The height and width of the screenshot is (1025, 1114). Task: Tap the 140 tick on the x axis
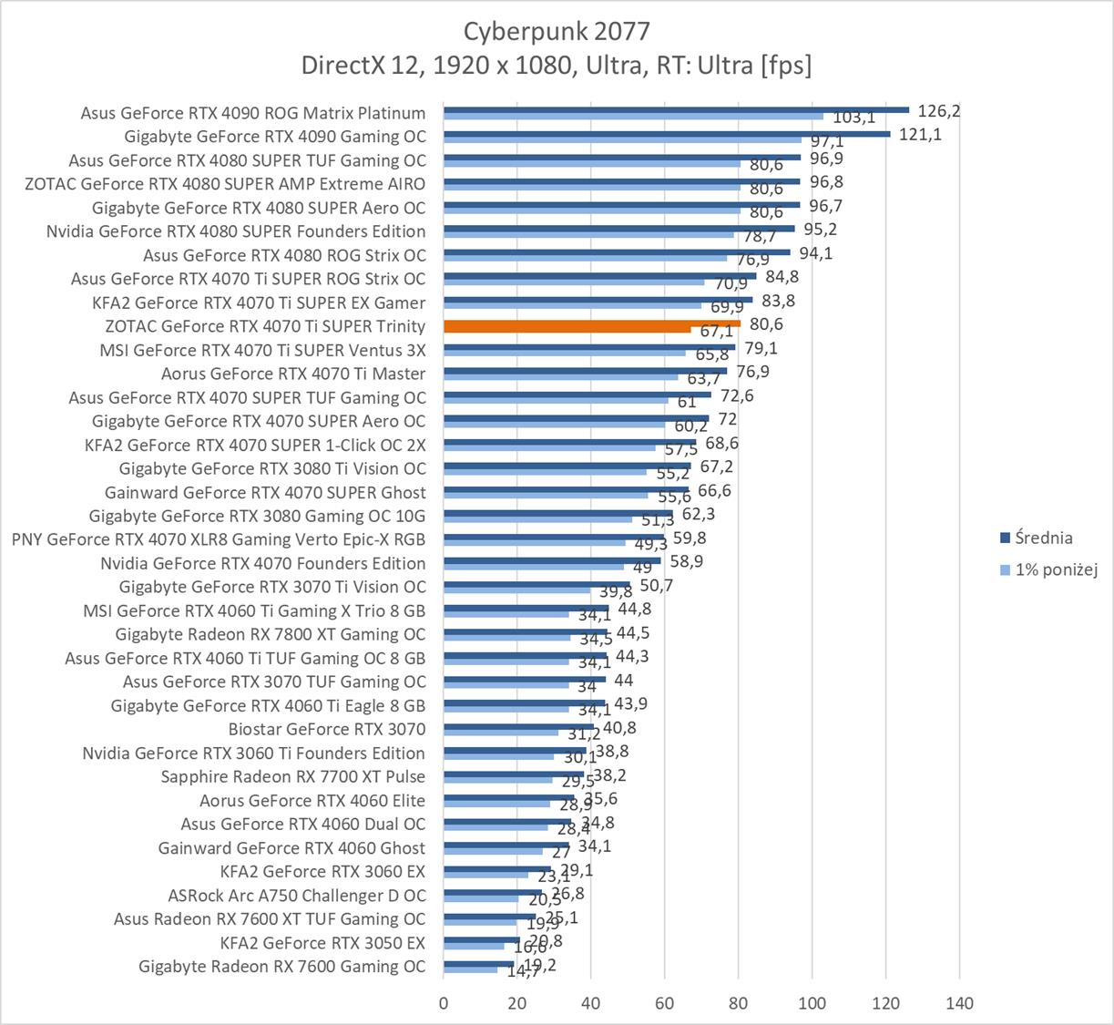(959, 1003)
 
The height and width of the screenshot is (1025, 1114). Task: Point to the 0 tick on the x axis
(444, 1003)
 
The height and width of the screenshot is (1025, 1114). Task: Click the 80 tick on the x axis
(739, 1003)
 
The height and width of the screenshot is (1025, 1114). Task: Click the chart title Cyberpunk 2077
(557, 32)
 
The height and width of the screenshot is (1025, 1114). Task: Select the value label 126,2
(939, 111)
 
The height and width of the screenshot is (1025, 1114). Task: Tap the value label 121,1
(920, 135)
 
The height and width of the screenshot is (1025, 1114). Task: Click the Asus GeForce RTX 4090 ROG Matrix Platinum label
(253, 113)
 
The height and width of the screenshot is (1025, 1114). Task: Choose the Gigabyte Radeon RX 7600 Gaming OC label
(282, 967)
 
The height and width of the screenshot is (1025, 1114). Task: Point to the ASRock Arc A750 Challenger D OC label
(297, 896)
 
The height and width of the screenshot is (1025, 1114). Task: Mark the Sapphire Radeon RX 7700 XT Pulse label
(293, 777)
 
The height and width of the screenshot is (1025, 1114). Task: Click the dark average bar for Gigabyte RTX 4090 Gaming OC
(667, 133)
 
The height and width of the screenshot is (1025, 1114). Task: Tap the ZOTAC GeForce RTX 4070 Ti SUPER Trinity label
(266, 326)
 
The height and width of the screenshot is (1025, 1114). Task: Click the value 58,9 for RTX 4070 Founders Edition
(685, 561)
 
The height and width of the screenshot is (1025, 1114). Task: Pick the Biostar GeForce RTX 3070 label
(327, 729)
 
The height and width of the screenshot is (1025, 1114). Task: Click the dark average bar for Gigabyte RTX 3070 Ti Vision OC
(537, 583)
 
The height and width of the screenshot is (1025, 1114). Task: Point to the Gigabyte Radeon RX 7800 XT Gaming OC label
(271, 634)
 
